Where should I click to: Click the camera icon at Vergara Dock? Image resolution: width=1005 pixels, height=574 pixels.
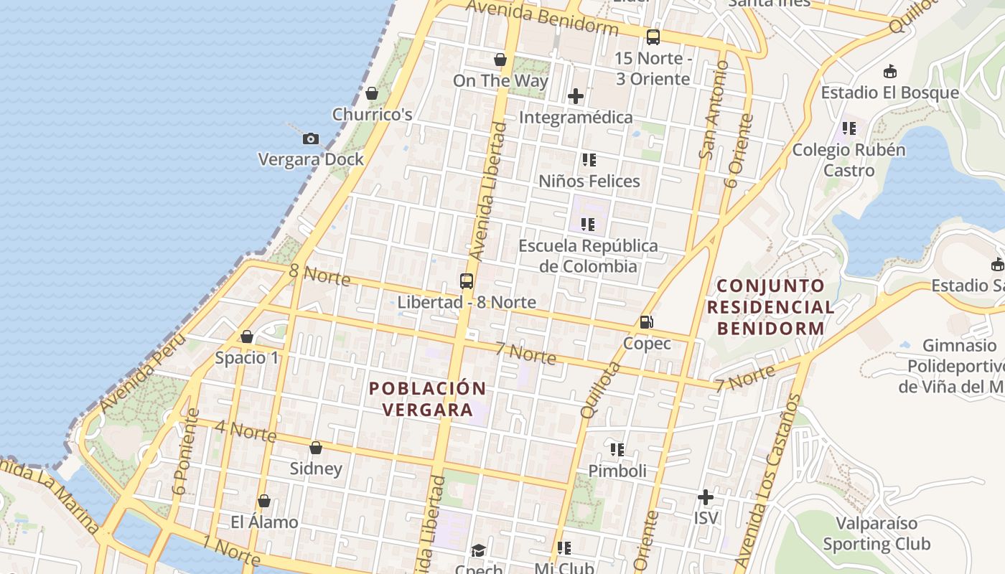[311, 138]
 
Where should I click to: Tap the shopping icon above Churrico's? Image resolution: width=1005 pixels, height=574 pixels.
[372, 93]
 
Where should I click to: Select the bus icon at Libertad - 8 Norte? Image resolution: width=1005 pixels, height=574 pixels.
[467, 281]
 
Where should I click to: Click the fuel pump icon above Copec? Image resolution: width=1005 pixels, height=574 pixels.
[647, 322]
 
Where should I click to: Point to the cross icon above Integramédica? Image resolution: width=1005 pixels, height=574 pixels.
[576, 95]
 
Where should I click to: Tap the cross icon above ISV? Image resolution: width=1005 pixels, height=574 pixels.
[706, 497]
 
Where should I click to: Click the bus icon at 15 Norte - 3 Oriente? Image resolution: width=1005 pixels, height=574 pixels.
[653, 37]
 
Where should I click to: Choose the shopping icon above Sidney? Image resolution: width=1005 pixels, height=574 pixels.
[316, 448]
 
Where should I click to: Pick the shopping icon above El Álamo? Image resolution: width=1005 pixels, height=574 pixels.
[264, 501]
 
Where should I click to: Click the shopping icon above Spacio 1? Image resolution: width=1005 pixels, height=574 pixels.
[247, 337]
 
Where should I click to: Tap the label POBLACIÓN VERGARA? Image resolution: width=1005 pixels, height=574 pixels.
[427, 399]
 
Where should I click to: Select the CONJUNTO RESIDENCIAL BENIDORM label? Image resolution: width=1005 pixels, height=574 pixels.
[771, 307]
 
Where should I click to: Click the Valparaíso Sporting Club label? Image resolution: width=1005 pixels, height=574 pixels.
[877, 533]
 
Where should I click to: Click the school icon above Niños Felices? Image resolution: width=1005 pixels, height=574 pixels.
[589, 160]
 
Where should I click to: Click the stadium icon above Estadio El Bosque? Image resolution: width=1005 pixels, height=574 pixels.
[890, 71]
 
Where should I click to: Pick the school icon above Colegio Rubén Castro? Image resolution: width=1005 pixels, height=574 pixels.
[849, 128]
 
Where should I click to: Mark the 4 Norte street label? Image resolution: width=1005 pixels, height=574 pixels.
[246, 430]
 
